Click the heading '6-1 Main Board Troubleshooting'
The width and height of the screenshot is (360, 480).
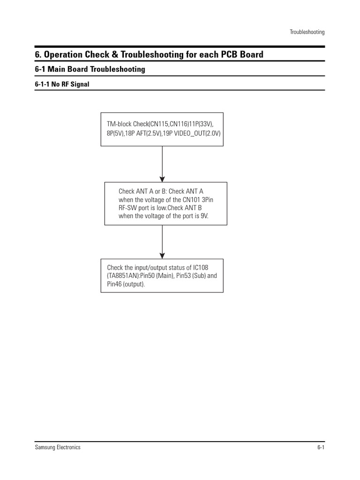(90, 69)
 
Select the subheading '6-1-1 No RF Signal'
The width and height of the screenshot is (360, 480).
(62, 84)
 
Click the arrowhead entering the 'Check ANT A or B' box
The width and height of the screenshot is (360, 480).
(162, 179)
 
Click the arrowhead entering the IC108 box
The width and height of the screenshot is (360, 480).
(162, 255)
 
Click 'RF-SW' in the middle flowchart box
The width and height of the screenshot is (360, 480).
(127, 208)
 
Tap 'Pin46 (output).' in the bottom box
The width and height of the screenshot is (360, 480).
(126, 284)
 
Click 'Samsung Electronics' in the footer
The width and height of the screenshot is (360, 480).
(58, 447)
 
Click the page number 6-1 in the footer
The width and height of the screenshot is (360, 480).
(321, 447)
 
